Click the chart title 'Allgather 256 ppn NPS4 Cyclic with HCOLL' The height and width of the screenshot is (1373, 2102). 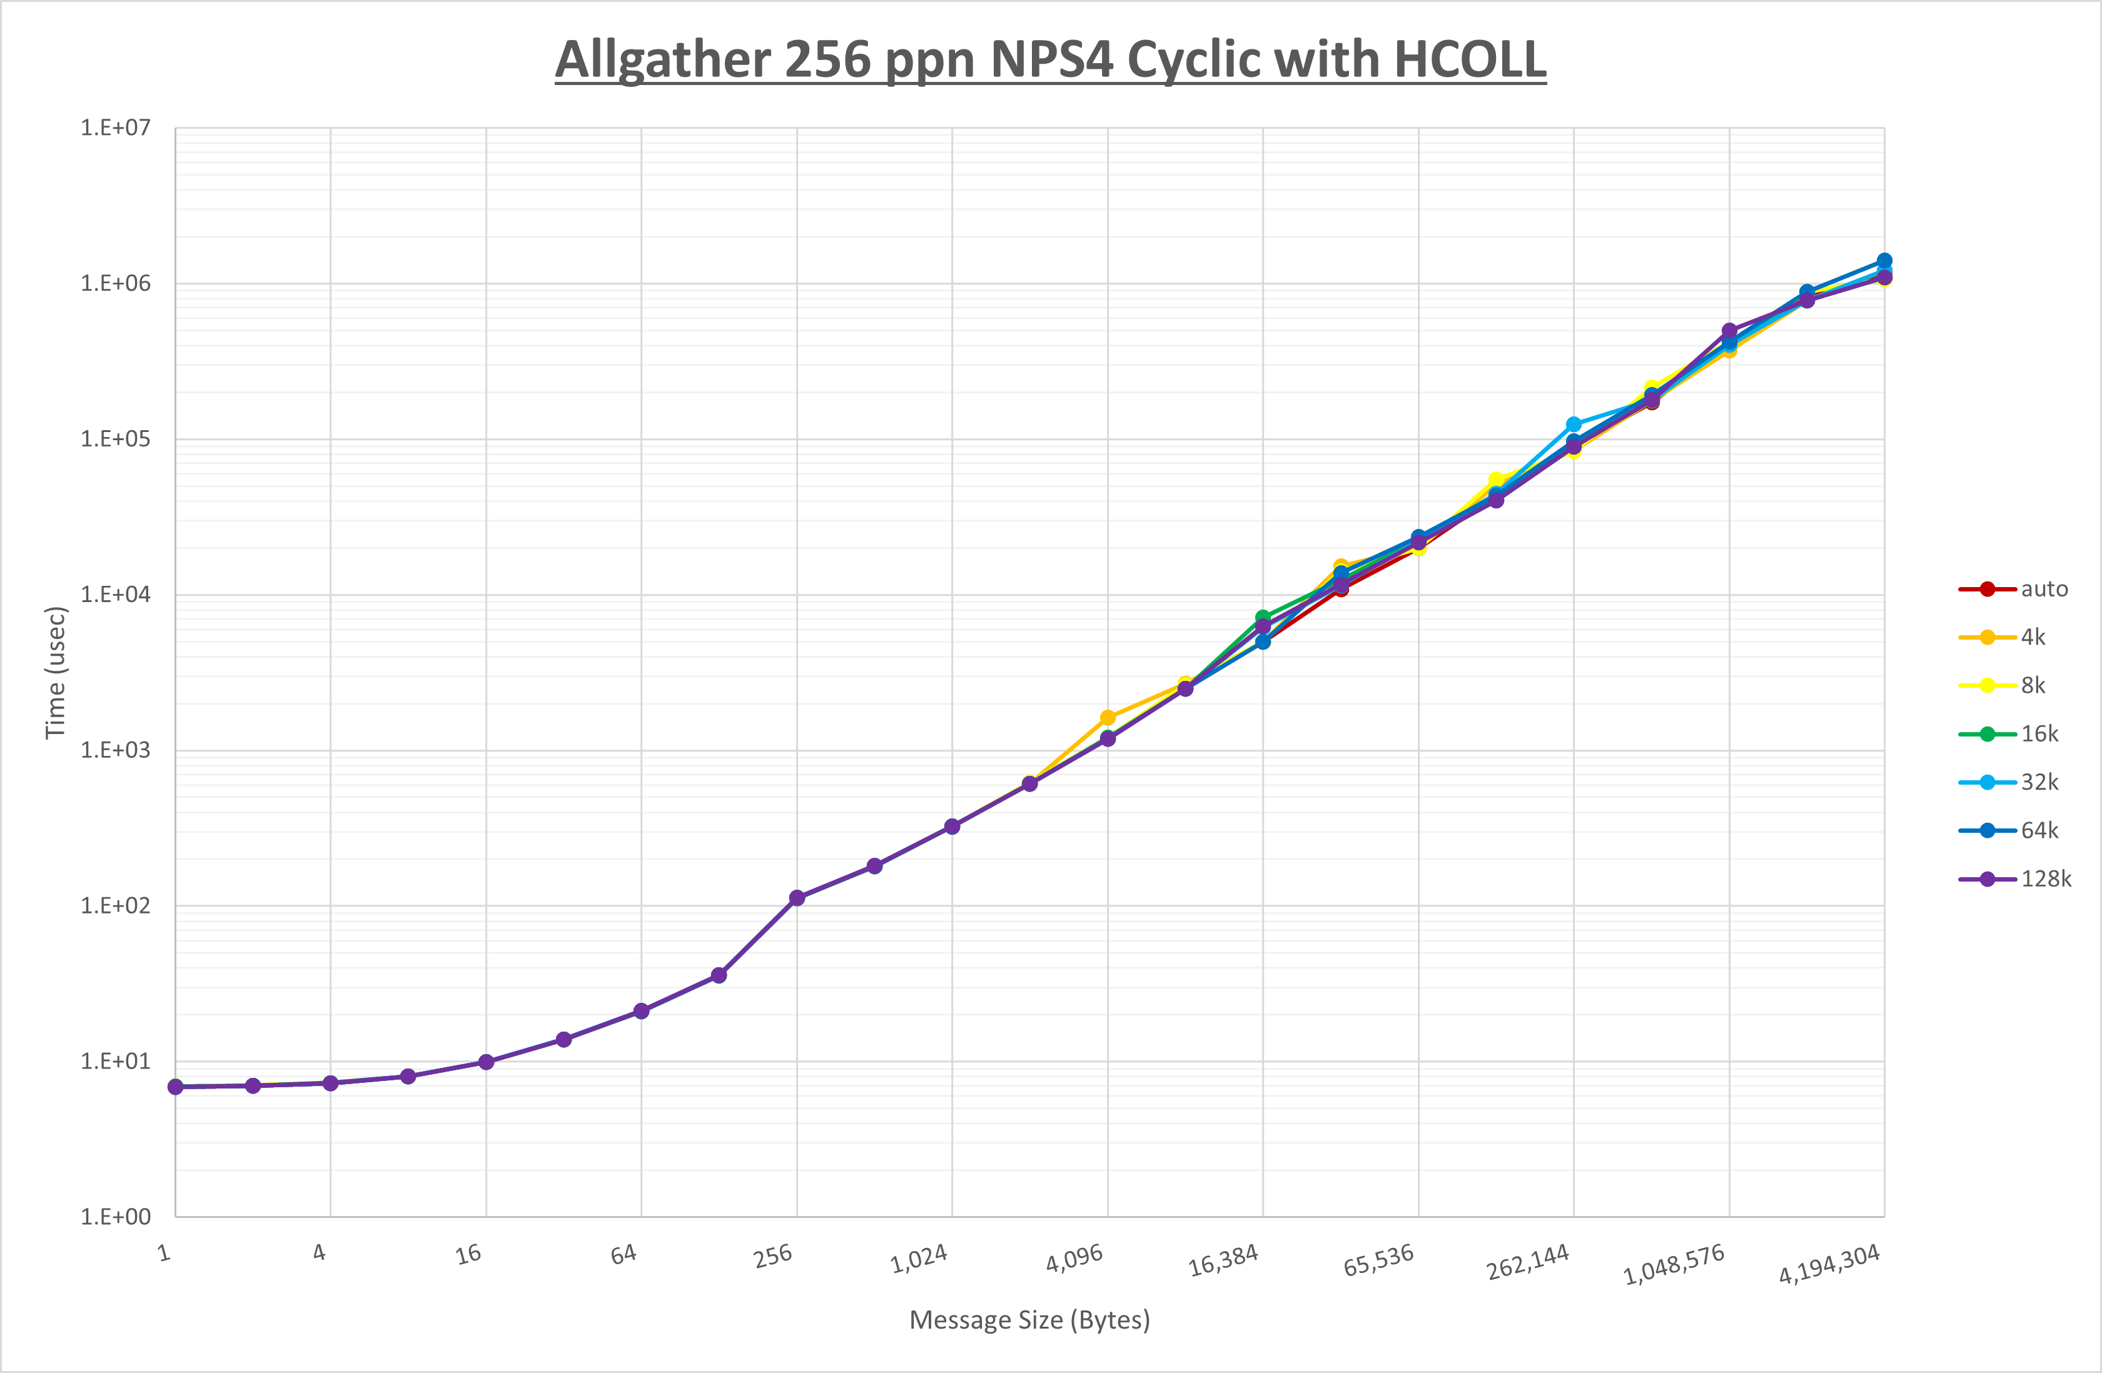pos(1050,60)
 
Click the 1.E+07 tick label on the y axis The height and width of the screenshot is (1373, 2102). pos(116,128)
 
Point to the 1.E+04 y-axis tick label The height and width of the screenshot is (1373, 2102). pos(116,594)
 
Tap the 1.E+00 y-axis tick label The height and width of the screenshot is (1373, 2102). pos(116,1217)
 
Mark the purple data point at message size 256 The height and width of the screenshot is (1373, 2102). pos(797,898)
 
